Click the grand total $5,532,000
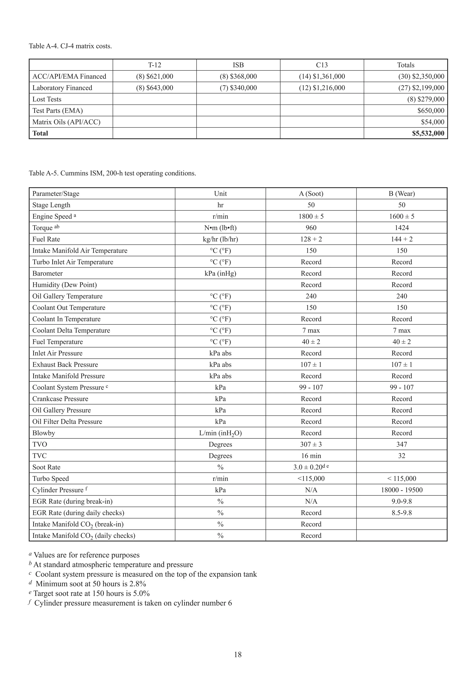tap(428, 133)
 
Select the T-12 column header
tap(155, 65)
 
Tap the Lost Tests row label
tap(47, 99)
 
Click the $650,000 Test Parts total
tap(430, 111)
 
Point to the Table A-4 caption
tap(70, 46)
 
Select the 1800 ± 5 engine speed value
tap(311, 216)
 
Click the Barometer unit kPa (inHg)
tap(220, 273)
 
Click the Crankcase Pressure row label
tap(60, 399)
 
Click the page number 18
tap(238, 654)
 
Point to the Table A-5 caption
tap(112, 173)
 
